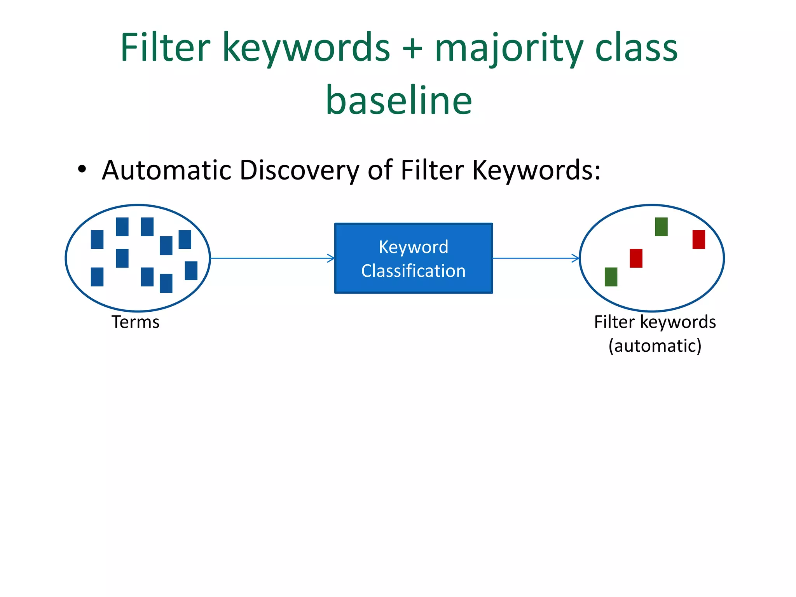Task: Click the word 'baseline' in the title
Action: pyautogui.click(x=399, y=100)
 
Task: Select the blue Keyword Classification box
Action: pyautogui.click(x=414, y=258)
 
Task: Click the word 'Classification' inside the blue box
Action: pyautogui.click(x=414, y=271)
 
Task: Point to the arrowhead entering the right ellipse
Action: pyautogui.click(x=576, y=258)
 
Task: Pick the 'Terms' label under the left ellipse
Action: pyautogui.click(x=136, y=322)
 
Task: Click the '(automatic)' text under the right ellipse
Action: pyautogui.click(x=655, y=346)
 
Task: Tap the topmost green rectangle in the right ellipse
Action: pyautogui.click(x=661, y=227)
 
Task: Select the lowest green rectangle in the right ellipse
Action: pyautogui.click(x=611, y=277)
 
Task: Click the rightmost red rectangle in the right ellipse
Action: pyautogui.click(x=698, y=239)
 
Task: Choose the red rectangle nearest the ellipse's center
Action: pyautogui.click(x=636, y=258)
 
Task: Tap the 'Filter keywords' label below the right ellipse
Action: pyautogui.click(x=655, y=322)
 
